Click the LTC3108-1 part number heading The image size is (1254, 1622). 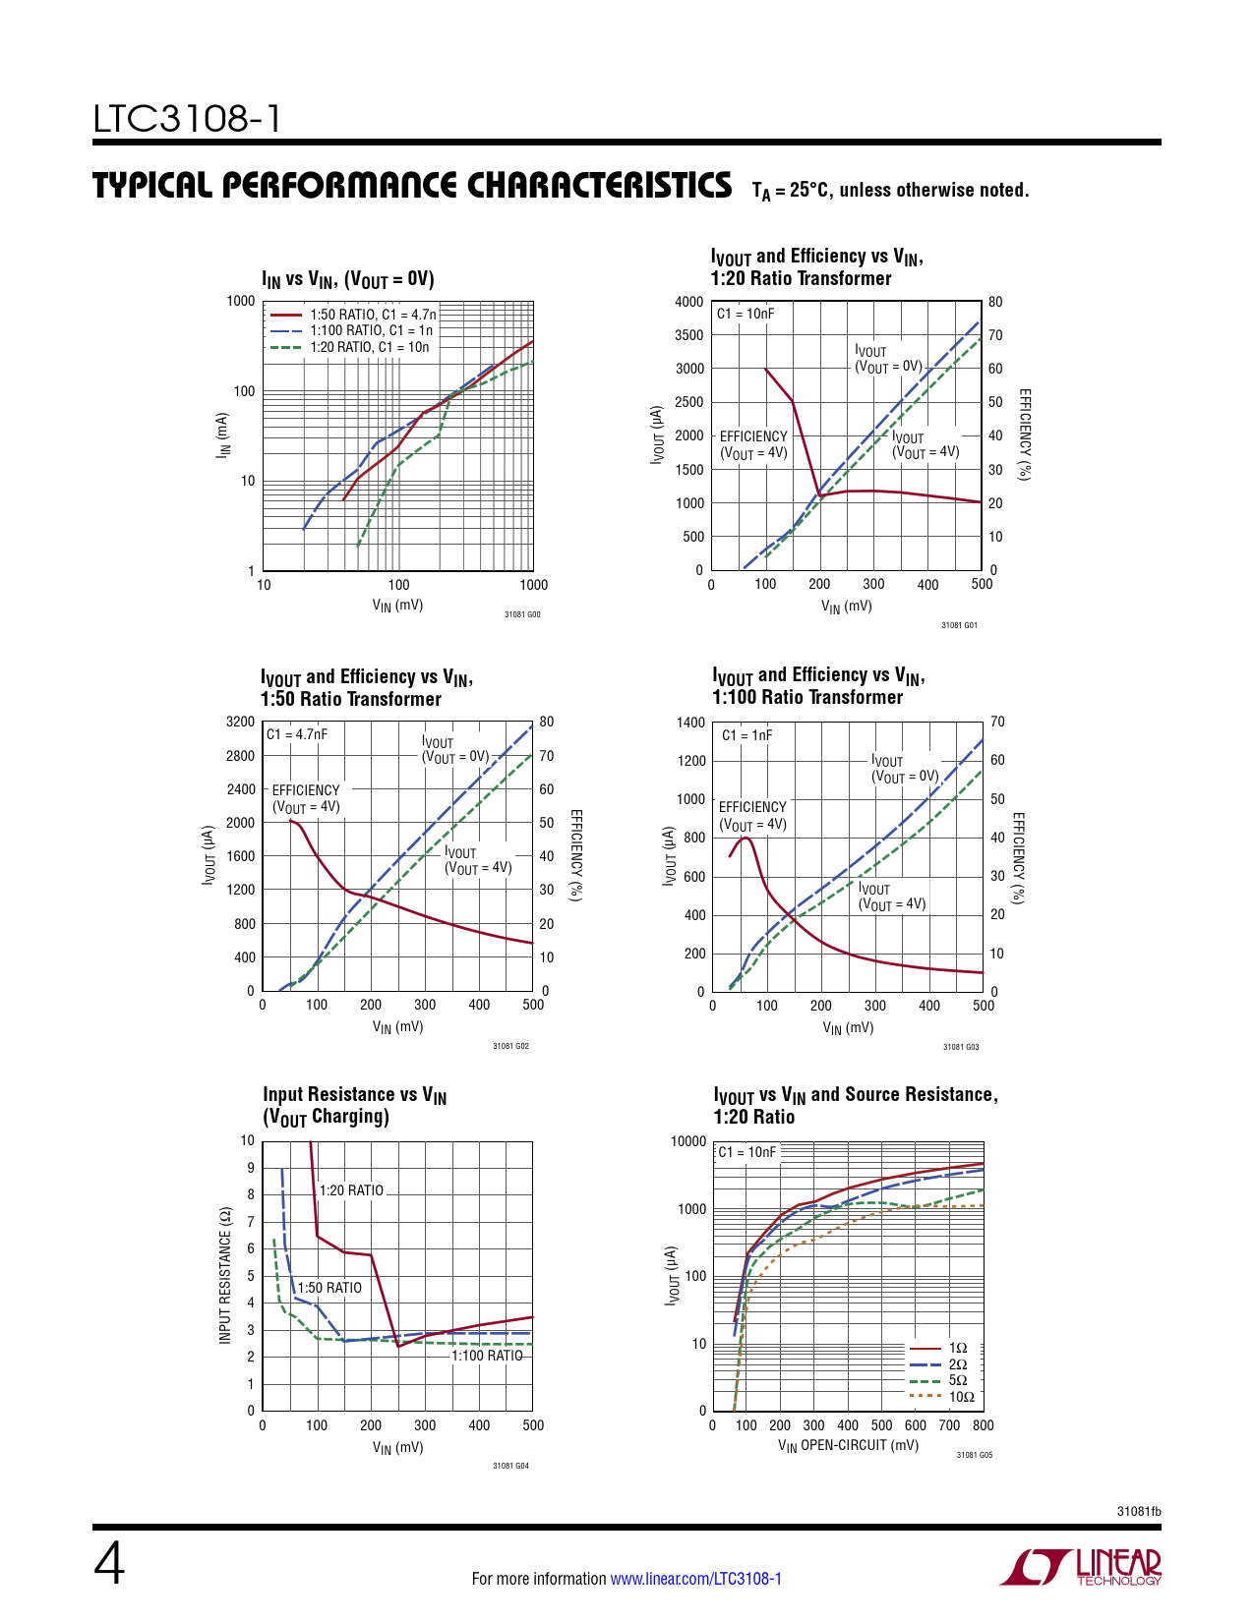pyautogui.click(x=187, y=119)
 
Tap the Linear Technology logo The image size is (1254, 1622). pyautogui.click(x=1080, y=1567)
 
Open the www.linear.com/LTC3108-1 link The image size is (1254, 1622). pyautogui.click(x=695, y=1579)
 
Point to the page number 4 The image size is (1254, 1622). pyautogui.click(x=109, y=1566)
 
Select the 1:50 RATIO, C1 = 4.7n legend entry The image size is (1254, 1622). pyautogui.click(x=373, y=315)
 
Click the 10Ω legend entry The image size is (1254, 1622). pyautogui.click(x=961, y=1397)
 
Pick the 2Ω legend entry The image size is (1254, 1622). pyautogui.click(x=957, y=1364)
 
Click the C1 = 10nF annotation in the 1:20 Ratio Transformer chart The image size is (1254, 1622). pyautogui.click(x=745, y=314)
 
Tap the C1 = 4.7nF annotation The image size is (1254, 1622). pyautogui.click(x=296, y=734)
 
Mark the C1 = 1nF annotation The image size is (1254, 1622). pyautogui.click(x=746, y=735)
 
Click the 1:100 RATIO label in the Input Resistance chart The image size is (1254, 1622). pyautogui.click(x=487, y=1356)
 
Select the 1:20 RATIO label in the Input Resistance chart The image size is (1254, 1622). pyautogui.click(x=351, y=1190)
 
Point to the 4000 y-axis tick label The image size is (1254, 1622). pyautogui.click(x=688, y=302)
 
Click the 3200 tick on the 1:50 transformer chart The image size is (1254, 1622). pyautogui.click(x=240, y=722)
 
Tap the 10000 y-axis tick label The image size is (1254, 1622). pyautogui.click(x=687, y=1141)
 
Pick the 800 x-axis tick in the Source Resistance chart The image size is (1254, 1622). pyautogui.click(x=983, y=1425)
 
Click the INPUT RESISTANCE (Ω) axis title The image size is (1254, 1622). pyautogui.click(x=225, y=1275)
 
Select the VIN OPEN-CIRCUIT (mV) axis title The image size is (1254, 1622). pyautogui.click(x=848, y=1446)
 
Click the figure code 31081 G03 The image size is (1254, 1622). pyautogui.click(x=961, y=1047)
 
